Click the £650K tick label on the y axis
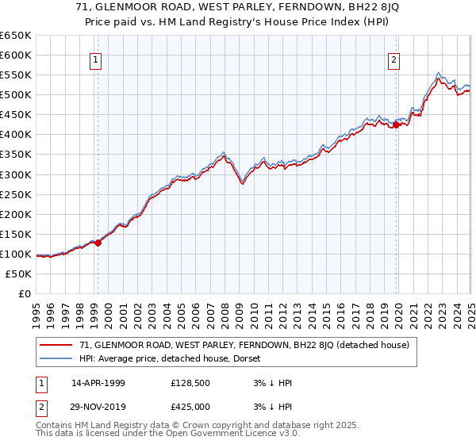16,36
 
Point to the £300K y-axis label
16,174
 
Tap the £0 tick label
25,294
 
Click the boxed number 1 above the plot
95,59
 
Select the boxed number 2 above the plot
393,59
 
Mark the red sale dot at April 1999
98,243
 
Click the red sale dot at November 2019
397,124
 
